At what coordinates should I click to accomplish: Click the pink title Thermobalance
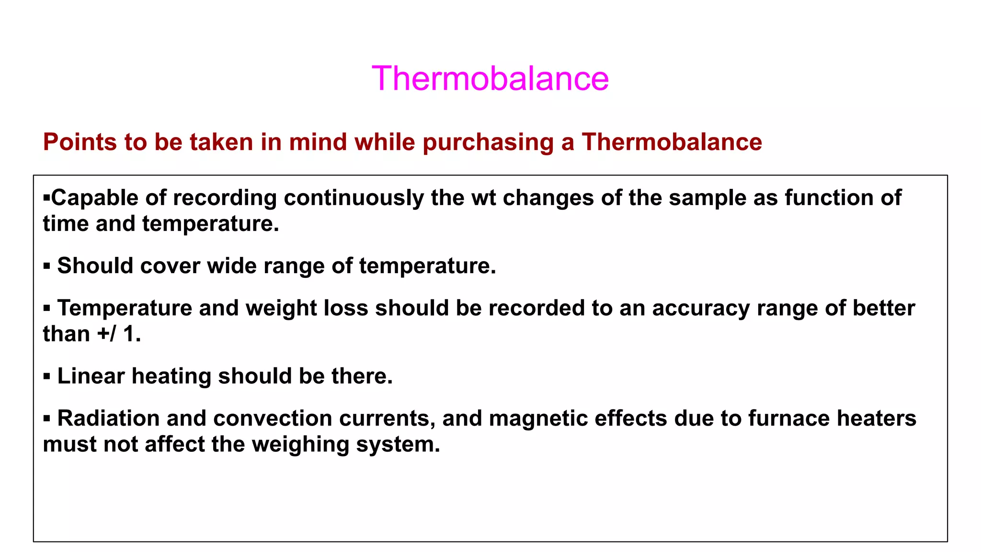pos(490,78)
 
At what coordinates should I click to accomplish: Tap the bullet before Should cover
pos(46,266)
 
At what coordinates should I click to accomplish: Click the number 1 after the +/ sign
pos(129,334)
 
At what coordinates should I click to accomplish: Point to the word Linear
pos(91,376)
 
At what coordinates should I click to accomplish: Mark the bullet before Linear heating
pos(46,376)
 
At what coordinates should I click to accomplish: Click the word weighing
pos(300,444)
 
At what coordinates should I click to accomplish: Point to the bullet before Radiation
pos(46,418)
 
